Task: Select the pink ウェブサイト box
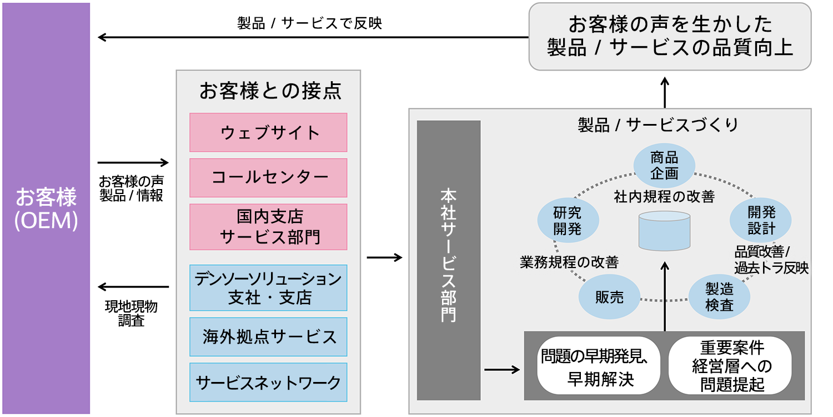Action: coord(268,132)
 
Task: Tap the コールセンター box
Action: coord(268,178)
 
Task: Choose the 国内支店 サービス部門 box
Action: coord(268,227)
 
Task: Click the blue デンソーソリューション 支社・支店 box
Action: coord(268,287)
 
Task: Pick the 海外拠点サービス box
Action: coord(268,337)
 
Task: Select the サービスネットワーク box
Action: coord(268,383)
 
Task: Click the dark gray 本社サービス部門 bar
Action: coord(448,260)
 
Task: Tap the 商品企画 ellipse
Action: coord(664,166)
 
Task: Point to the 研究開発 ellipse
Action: coord(568,220)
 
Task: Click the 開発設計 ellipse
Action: coord(761,220)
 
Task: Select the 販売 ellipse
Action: coord(609,297)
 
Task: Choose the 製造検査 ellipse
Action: coord(719,297)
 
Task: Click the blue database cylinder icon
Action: coord(664,231)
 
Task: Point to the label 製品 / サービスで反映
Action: coord(309,23)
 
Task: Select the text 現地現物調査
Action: coord(131,314)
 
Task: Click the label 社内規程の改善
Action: coord(664,196)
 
